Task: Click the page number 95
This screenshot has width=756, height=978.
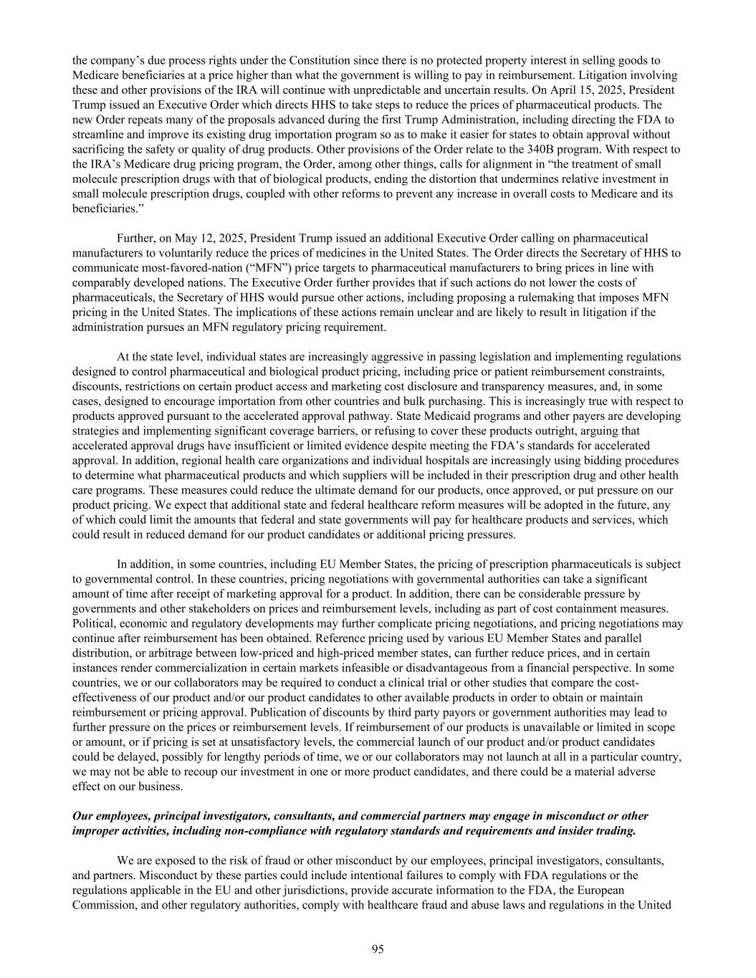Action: pyautogui.click(x=378, y=949)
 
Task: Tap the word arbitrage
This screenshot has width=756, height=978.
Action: pyautogui.click(x=153, y=653)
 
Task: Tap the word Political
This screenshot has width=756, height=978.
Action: pyautogui.click(x=93, y=623)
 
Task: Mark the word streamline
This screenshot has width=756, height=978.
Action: pyautogui.click(x=97, y=134)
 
